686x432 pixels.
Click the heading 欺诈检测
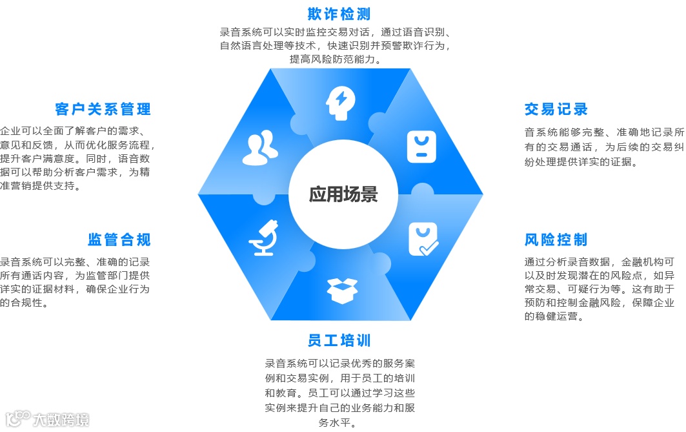[x=339, y=14]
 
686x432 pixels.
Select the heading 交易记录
[x=556, y=109]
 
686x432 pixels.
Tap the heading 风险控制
[x=556, y=240]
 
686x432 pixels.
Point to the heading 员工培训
[x=339, y=340]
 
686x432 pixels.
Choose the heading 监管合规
[x=119, y=240]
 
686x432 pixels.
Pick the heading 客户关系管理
[x=103, y=108]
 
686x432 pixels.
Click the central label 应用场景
[x=343, y=194]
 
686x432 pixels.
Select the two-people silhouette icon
[x=260, y=148]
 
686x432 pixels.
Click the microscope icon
[x=264, y=238]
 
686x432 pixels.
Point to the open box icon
[x=342, y=291]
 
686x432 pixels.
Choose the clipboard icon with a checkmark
[x=423, y=239]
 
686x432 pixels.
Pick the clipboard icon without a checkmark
[x=421, y=147]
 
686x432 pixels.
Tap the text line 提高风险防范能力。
[x=335, y=59]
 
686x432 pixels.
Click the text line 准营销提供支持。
[x=41, y=186]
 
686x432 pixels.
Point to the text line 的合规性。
[x=25, y=302]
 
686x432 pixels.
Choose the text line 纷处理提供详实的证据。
[x=581, y=161]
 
